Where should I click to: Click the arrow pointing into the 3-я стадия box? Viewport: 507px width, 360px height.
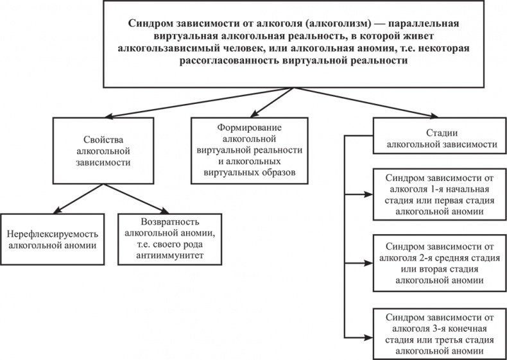[359, 338]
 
